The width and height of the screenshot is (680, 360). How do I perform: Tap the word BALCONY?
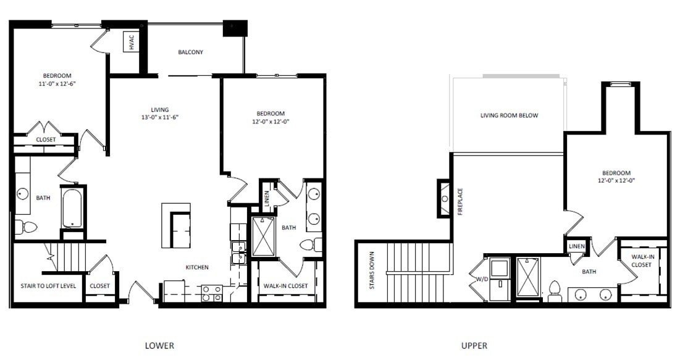(x=190, y=52)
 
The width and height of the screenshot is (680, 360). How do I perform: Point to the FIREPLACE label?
(x=460, y=201)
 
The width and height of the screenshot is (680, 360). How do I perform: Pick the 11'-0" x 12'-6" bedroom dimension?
(x=61, y=82)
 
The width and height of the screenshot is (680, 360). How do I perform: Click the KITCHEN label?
(x=198, y=267)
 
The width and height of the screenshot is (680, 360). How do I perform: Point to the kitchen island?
(x=176, y=225)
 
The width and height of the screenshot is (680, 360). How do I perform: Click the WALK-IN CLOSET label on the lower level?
(x=285, y=286)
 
